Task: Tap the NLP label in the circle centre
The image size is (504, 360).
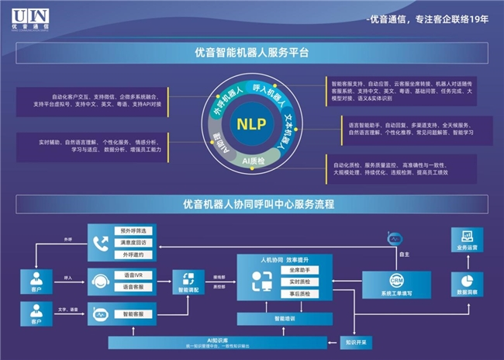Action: pos(252,123)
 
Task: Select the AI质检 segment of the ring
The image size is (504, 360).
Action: pos(255,161)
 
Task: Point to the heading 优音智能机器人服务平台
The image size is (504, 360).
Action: pos(252,53)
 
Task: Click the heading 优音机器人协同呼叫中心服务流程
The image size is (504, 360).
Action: pos(252,206)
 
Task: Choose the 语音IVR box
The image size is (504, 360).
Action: pos(134,275)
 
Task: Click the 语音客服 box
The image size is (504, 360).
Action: pos(134,287)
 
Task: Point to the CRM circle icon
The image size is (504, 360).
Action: pos(396,279)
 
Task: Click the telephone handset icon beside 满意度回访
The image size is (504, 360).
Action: pos(101,243)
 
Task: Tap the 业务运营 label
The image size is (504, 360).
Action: pos(467,248)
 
